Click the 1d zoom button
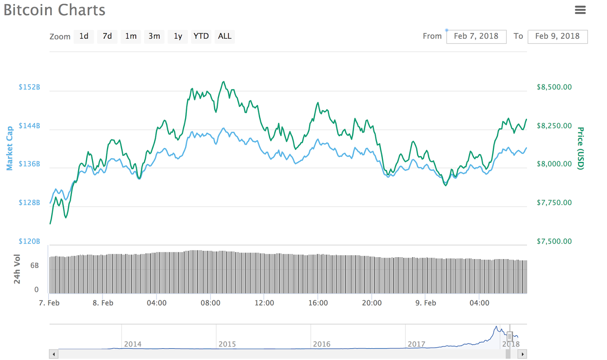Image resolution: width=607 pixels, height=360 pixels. coord(84,36)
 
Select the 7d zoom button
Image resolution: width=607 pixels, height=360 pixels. coord(107,36)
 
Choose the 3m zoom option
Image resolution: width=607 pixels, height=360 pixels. coord(154,36)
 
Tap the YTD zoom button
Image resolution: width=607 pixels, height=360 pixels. coord(201,36)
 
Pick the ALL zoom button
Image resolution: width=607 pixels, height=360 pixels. coord(225,36)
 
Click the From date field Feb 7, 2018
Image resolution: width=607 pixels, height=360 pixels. coord(476,36)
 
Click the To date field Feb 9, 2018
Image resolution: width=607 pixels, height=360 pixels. coord(557,36)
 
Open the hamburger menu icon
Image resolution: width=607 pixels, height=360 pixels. coord(580,10)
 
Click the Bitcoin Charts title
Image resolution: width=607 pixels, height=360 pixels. coord(55,10)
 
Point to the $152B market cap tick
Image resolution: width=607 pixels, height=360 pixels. coord(29,87)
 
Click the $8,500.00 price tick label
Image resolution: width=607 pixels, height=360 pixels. coord(554,87)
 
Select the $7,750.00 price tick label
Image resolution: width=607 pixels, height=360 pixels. coord(554,203)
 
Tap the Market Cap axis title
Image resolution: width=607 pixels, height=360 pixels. coord(9,148)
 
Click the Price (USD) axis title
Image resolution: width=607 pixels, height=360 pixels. coord(580,148)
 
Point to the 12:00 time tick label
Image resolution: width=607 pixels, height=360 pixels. coord(264,303)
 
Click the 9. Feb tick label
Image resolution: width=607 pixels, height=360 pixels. coord(426,303)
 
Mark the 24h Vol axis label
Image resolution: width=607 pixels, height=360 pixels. coord(17,269)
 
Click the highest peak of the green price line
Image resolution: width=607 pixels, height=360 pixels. coord(224,82)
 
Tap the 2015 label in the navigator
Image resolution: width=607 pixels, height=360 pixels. coord(227,344)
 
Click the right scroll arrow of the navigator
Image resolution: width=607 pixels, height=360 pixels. coord(522,354)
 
